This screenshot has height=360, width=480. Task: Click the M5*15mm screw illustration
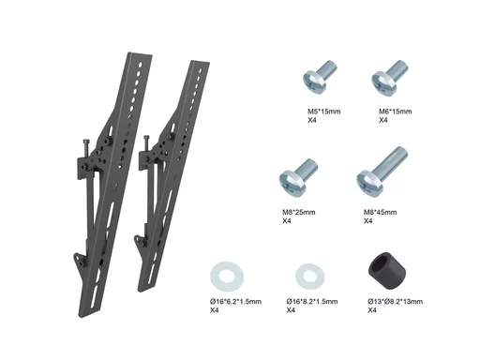coord(320,77)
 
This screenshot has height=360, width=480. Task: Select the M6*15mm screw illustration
coord(390,78)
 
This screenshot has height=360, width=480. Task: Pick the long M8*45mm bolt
coord(382,172)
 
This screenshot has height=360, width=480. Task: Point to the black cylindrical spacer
coord(387,268)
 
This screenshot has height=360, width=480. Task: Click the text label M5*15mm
coord(324,112)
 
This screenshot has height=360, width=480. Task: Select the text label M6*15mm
coord(396,112)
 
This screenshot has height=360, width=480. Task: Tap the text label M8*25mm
coord(299,212)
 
